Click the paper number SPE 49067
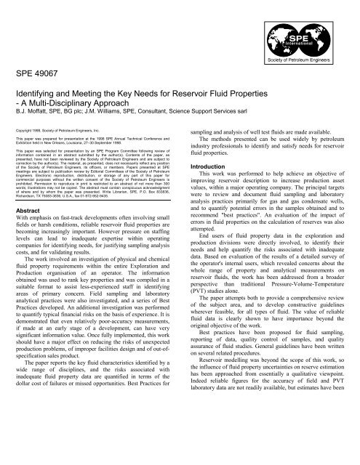click(x=38, y=75)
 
